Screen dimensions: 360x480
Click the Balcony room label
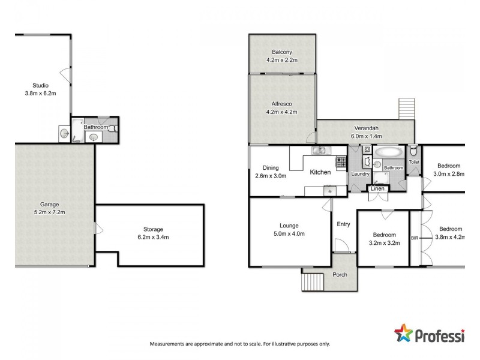[282, 52]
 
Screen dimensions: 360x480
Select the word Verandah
[365, 128]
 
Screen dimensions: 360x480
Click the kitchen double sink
[318, 150]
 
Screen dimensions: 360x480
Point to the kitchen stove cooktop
[341, 161]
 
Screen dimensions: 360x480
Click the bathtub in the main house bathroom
[387, 153]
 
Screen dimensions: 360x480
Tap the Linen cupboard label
[377, 189]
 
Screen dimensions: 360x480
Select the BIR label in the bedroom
[415, 238]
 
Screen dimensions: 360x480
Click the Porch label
[340, 275]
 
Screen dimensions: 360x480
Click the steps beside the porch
[312, 280]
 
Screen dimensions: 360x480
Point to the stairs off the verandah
[406, 109]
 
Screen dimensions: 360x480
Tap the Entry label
[343, 224]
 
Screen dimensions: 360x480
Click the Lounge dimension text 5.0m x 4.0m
[289, 234]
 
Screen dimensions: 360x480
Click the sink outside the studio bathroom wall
[64, 134]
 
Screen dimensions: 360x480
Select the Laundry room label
[361, 174]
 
